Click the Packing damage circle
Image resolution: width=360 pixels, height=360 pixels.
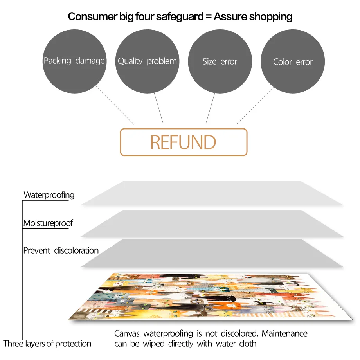[74, 61]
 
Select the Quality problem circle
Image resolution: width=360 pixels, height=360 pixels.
[147, 61]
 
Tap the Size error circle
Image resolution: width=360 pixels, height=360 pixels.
[220, 61]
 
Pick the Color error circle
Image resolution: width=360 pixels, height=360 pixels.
[293, 62]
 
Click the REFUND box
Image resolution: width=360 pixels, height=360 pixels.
[184, 142]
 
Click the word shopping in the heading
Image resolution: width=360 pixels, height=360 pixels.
[271, 16]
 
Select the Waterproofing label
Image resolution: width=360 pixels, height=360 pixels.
[49, 194]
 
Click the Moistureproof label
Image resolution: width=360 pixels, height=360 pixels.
[48, 223]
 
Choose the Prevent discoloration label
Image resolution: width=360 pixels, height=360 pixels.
[61, 250]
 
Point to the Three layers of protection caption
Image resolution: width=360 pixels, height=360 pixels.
[47, 344]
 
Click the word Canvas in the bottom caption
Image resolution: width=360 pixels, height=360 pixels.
[127, 334]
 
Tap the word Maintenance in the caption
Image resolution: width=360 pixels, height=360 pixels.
[284, 334]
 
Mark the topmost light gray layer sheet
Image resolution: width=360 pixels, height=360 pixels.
[211, 193]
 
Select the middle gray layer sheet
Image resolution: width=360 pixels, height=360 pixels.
[211, 223]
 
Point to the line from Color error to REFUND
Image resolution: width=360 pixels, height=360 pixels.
[255, 105]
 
